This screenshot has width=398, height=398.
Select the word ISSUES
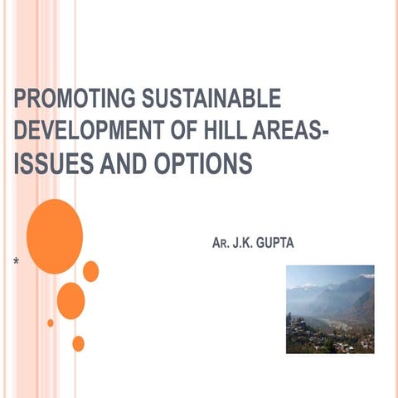pos(52,165)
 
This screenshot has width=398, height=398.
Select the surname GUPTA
pos(297,246)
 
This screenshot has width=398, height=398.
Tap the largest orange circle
pos(55,236)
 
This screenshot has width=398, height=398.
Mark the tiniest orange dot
pos(51,323)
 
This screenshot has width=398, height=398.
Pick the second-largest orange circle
pos(70,300)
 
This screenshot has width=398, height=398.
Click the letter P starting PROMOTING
pos(20,101)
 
